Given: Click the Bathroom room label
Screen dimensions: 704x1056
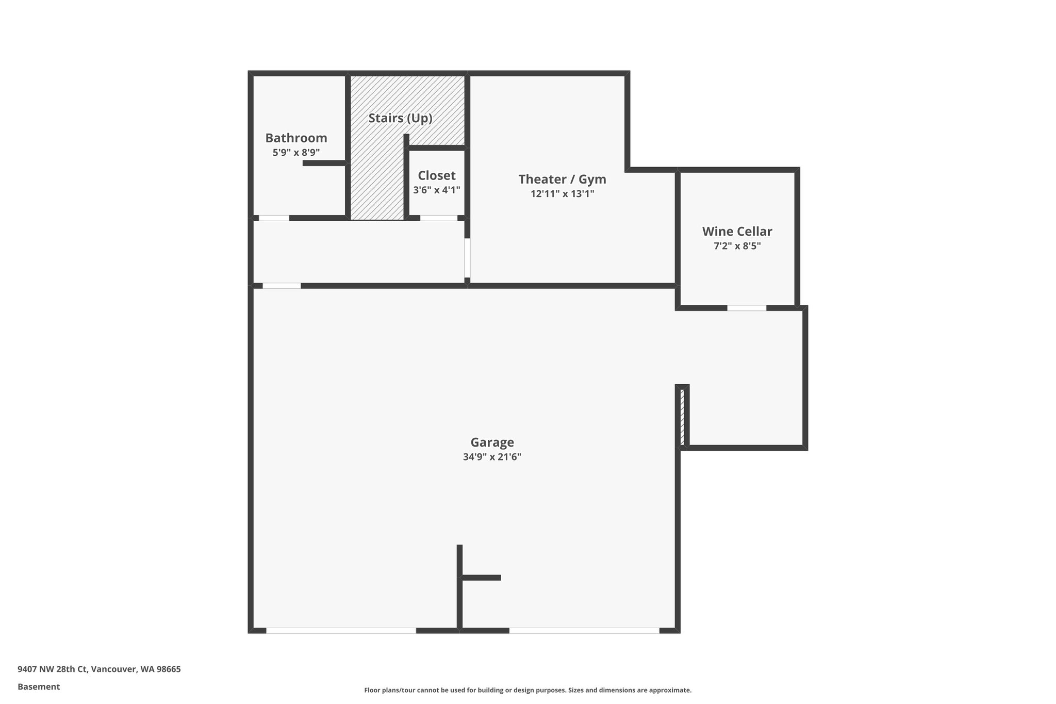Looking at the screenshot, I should pyautogui.click(x=296, y=138).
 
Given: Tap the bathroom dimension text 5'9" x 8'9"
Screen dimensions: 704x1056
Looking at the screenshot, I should pyautogui.click(x=296, y=153).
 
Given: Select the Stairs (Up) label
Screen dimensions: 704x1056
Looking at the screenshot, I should pyautogui.click(x=400, y=118).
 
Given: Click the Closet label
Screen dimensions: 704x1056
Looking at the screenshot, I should pyautogui.click(x=436, y=175).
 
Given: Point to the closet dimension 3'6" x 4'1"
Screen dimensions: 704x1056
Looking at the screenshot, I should pyautogui.click(x=436, y=190).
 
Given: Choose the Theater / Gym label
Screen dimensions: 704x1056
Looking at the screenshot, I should pyautogui.click(x=562, y=179).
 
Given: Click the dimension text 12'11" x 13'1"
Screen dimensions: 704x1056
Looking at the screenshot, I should pyautogui.click(x=562, y=194).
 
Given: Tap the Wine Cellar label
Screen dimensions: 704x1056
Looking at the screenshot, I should pyautogui.click(x=737, y=231).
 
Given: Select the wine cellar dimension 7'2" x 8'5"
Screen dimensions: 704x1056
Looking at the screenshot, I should pyautogui.click(x=737, y=246).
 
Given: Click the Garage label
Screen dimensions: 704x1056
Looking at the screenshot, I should pyautogui.click(x=492, y=442).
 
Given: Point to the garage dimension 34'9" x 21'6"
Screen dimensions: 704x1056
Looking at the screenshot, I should pyautogui.click(x=492, y=456).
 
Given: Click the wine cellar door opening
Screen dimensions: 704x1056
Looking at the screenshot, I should pyautogui.click(x=747, y=308).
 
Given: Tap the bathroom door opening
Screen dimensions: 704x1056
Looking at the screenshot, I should pyautogui.click(x=274, y=218).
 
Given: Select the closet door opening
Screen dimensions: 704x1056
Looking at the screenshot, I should pyautogui.click(x=438, y=218).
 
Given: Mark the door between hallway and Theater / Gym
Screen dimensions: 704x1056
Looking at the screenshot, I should pyautogui.click(x=467, y=258).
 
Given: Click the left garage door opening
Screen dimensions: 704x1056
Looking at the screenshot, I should pyautogui.click(x=341, y=630).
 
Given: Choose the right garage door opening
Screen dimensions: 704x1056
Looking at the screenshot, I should pyautogui.click(x=584, y=630).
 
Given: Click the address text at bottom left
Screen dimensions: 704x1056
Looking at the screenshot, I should pyautogui.click(x=99, y=669).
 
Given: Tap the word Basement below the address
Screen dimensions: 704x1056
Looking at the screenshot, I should pyautogui.click(x=39, y=686).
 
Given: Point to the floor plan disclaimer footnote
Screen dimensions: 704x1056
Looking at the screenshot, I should pyautogui.click(x=527, y=690).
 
